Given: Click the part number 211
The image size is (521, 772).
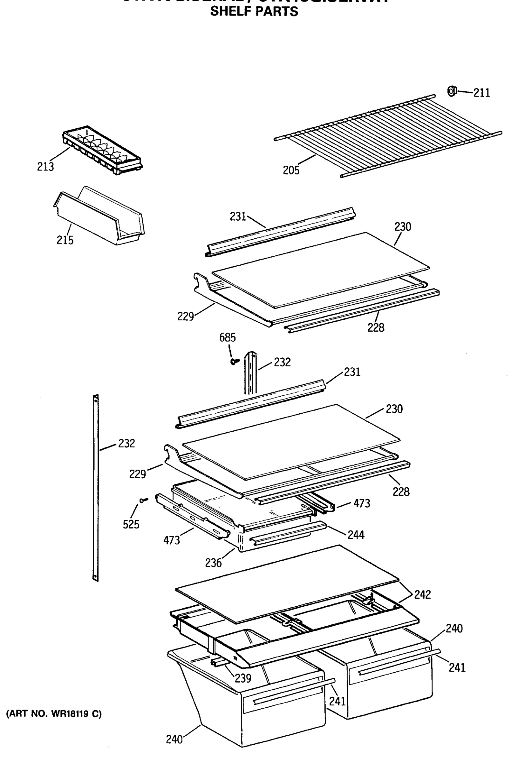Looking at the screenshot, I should pos(481,93).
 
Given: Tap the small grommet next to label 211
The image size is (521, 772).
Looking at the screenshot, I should pos(451,91).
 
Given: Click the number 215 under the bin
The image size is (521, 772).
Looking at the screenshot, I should pos(65,240).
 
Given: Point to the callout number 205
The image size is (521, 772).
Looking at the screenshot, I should pos(291,170).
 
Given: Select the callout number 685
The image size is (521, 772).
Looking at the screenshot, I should pos(227,337).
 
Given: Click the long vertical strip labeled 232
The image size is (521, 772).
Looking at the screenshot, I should pos(96,488).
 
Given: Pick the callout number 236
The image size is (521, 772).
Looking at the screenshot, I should pos(213,563).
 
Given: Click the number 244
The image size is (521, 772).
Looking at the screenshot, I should pos(356,535).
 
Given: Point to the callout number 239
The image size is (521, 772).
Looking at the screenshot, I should pos(243,678).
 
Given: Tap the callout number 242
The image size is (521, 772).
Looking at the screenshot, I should pos(422,594).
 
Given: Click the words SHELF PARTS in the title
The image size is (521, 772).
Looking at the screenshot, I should pos(254,12).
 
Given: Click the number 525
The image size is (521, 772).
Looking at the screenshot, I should pos(131,524).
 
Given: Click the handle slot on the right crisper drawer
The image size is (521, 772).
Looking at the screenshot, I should pos(387,668).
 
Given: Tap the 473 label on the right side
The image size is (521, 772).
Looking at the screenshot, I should pos(361,503).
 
